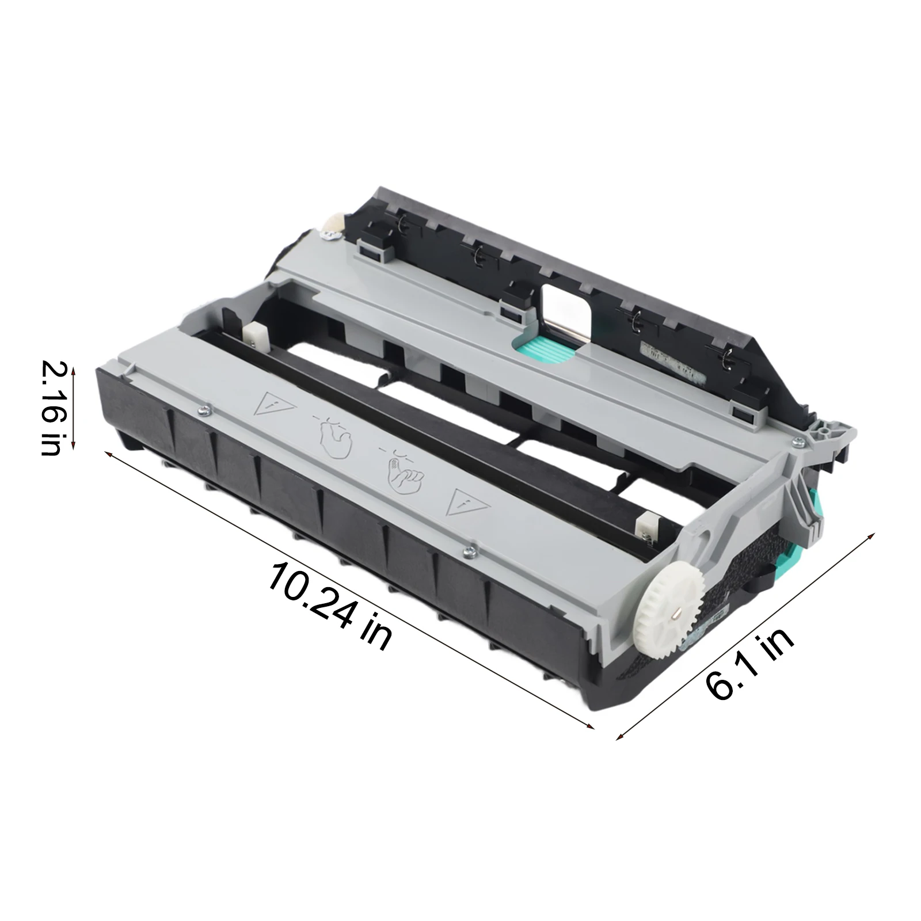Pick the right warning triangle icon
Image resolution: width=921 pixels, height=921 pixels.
click(467, 501)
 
